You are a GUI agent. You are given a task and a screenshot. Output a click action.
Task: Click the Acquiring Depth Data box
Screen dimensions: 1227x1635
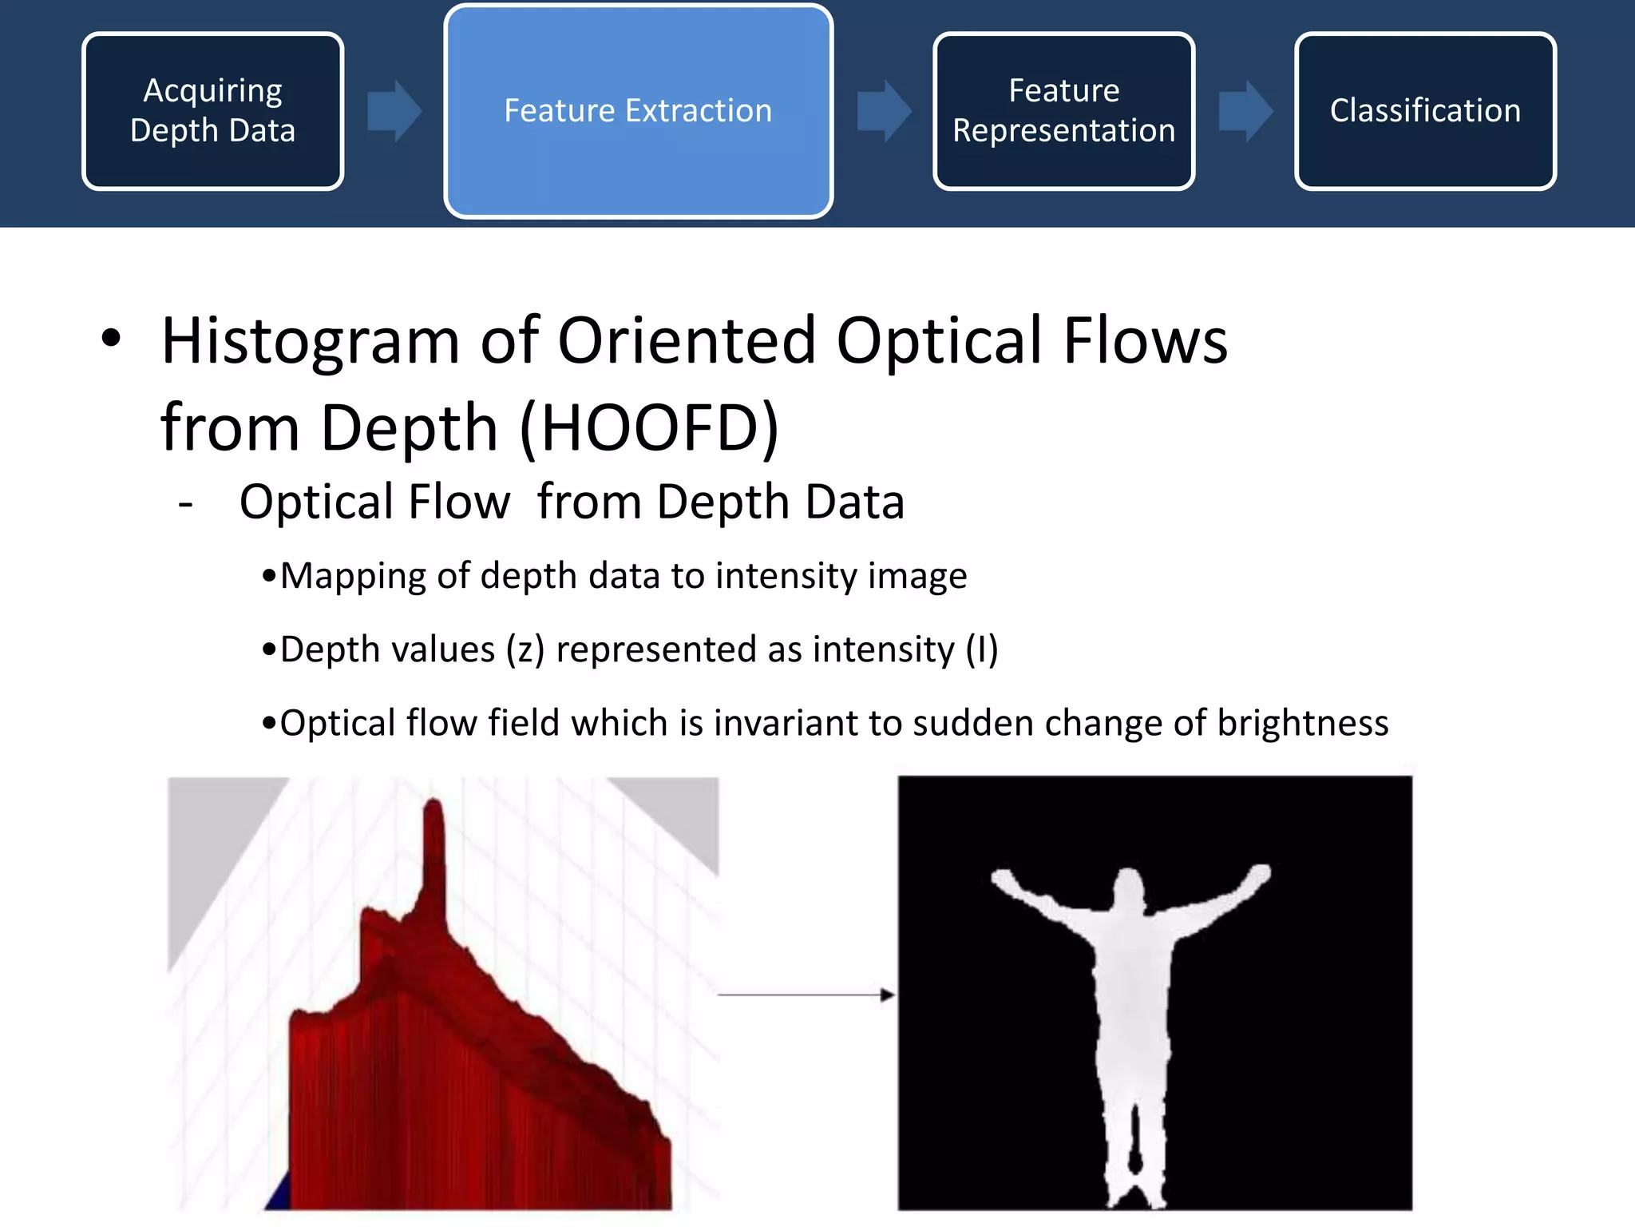[212, 111]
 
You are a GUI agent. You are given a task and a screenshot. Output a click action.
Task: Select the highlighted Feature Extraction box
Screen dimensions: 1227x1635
[638, 111]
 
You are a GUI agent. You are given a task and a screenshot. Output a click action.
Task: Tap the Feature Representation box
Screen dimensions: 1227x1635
[1063, 111]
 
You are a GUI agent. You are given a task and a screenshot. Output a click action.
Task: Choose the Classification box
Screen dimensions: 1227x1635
[1425, 111]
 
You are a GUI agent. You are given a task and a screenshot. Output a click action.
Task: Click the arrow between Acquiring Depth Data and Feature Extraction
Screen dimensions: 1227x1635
[394, 111]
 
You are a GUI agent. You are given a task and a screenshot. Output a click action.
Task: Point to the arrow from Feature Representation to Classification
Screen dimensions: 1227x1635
[1245, 111]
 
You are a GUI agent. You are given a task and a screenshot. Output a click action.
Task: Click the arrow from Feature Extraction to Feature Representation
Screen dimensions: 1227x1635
[884, 111]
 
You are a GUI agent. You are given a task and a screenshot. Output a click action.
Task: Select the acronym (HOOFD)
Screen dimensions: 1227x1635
[648, 428]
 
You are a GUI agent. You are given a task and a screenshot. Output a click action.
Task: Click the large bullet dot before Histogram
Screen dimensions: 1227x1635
[111, 339]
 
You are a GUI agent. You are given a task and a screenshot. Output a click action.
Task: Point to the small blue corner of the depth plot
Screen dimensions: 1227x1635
[278, 1196]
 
